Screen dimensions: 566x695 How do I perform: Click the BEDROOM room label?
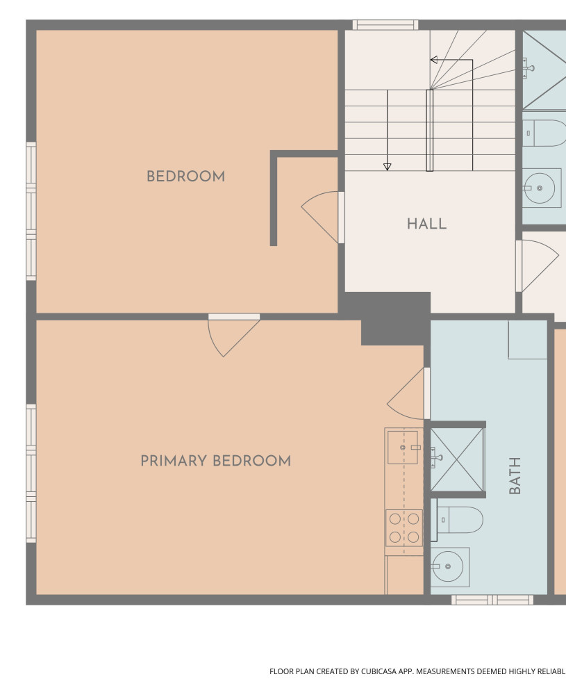pyautogui.click(x=185, y=177)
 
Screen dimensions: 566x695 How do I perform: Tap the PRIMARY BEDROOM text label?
pyautogui.click(x=216, y=461)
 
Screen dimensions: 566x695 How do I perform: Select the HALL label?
pyautogui.click(x=427, y=224)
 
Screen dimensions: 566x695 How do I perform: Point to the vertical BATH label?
pyautogui.click(x=515, y=475)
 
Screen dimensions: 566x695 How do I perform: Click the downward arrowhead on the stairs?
pyautogui.click(x=387, y=167)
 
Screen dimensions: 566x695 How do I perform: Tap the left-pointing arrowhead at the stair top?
pyautogui.click(x=434, y=60)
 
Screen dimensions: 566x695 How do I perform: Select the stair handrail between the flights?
pyautogui.click(x=430, y=131)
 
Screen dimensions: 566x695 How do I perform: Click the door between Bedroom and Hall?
pyautogui.click(x=323, y=217)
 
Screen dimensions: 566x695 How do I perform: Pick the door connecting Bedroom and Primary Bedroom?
pyautogui.click(x=234, y=335)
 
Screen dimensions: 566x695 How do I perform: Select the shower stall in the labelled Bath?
pyautogui.click(x=456, y=459)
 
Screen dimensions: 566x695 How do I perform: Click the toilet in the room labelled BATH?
pyautogui.click(x=460, y=520)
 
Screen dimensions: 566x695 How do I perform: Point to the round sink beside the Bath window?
pyautogui.click(x=448, y=566)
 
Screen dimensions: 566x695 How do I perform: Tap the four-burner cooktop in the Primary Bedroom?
pyautogui.click(x=404, y=528)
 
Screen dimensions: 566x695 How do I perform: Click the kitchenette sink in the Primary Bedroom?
pyautogui.click(x=403, y=447)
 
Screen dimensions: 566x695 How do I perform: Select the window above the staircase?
pyautogui.click(x=385, y=25)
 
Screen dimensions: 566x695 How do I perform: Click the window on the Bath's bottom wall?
pyautogui.click(x=492, y=600)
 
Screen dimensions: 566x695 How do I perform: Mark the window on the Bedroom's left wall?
pyautogui.click(x=31, y=211)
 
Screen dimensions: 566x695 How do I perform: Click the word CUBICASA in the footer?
pyautogui.click(x=378, y=671)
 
